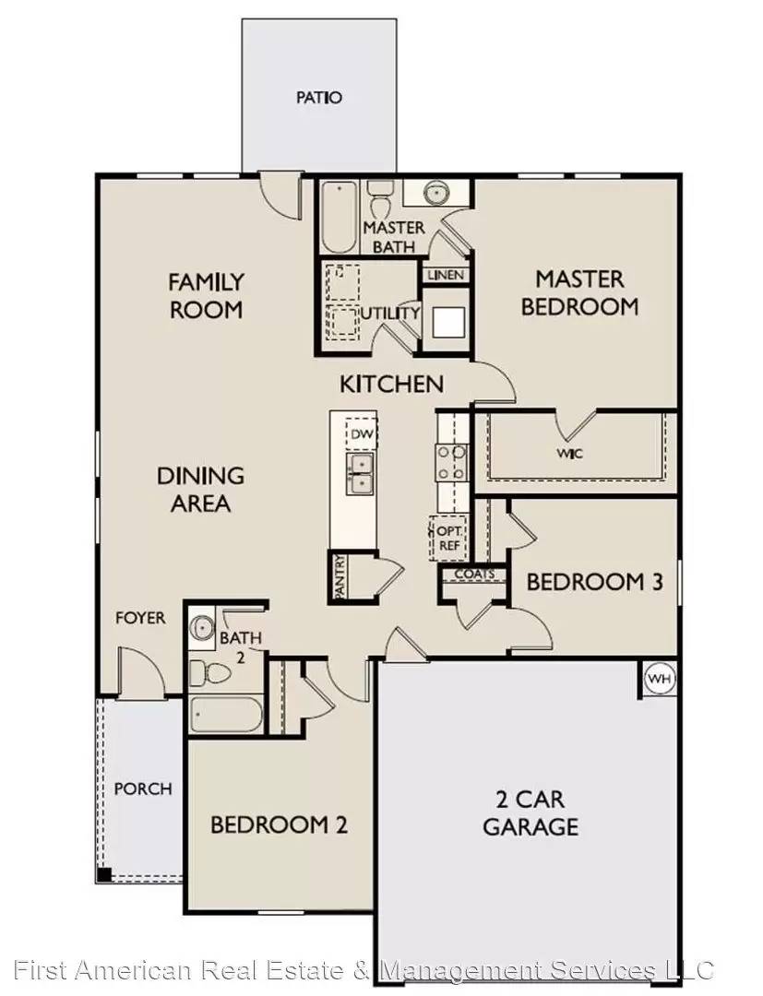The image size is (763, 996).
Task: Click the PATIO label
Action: pos(319,97)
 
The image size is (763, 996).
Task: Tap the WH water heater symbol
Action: pos(658,679)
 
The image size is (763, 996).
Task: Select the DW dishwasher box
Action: pos(362,434)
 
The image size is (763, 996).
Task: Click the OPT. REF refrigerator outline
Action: pos(448,538)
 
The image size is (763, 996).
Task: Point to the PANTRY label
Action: pos(340,577)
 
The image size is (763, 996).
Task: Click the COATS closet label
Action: pos(473,575)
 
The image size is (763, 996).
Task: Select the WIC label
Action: pos(569,454)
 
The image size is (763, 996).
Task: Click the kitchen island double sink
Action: pos(361,473)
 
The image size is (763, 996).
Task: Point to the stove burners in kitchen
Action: pos(451,462)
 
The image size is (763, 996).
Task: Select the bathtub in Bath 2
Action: pos(227,715)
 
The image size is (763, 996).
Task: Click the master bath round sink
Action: pos(435,195)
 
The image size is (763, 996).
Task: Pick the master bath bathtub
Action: pos(340,217)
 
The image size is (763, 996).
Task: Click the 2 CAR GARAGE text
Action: pos(531,812)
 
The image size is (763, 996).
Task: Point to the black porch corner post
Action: pos(105,873)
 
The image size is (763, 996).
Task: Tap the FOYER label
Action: pos(140,618)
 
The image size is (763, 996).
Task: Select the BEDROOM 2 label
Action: pos(279,824)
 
